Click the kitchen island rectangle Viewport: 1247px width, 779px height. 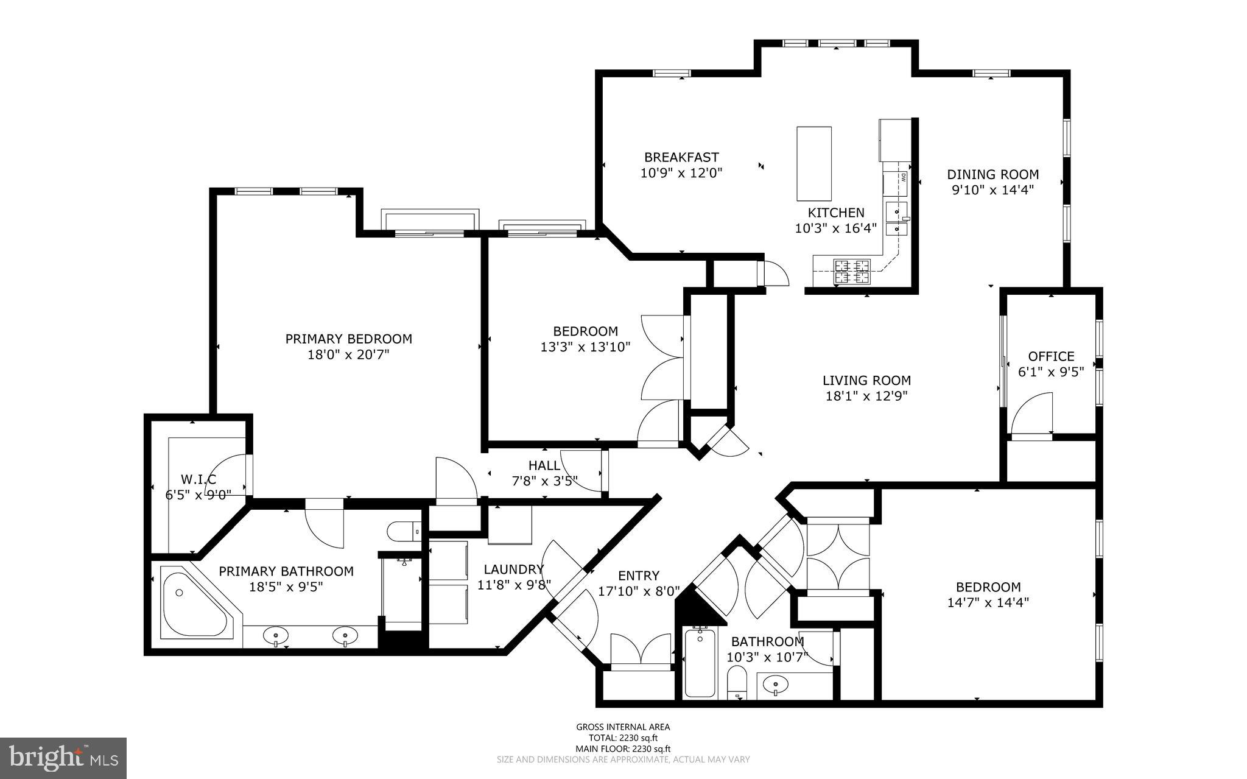point(814,163)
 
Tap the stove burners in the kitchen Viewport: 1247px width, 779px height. point(852,272)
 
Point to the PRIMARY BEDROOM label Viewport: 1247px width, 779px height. point(348,339)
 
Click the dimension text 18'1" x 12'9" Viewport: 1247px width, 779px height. point(866,397)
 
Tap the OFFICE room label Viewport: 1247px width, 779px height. point(1051,356)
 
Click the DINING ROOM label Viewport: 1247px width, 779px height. point(992,174)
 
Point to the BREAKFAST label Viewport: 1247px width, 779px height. point(681,157)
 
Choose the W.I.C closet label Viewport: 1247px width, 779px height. point(198,479)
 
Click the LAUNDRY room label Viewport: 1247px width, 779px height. point(513,569)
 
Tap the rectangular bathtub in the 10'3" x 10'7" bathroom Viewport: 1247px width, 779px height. point(700,663)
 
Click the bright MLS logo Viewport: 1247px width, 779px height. point(63,758)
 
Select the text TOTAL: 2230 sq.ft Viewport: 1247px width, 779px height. point(623,738)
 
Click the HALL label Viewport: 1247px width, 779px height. point(544,466)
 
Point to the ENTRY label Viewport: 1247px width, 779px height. point(638,576)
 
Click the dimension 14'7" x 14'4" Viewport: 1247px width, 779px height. point(988,602)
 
